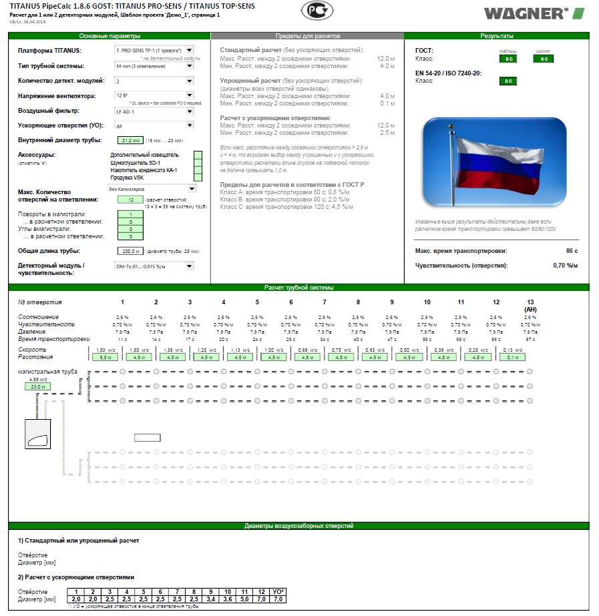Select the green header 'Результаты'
coord(497,35)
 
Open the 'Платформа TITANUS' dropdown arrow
coord(190,50)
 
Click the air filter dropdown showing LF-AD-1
coord(154,111)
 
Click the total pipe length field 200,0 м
coord(130,251)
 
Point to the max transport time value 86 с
coord(570,251)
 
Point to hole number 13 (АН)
coord(532,305)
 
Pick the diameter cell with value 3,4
coord(212,599)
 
